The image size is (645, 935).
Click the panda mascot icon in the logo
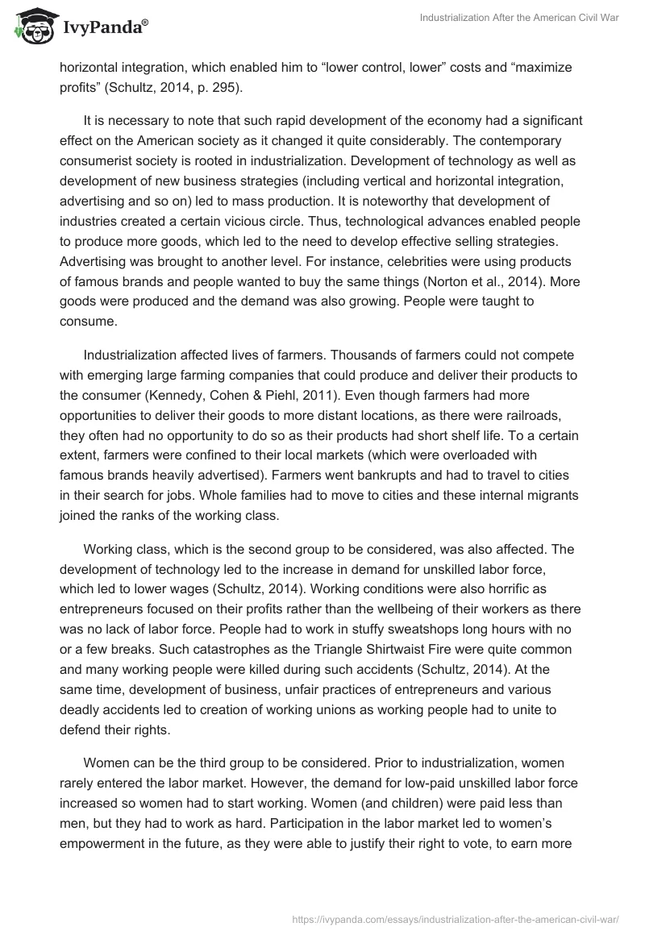click(x=31, y=26)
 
